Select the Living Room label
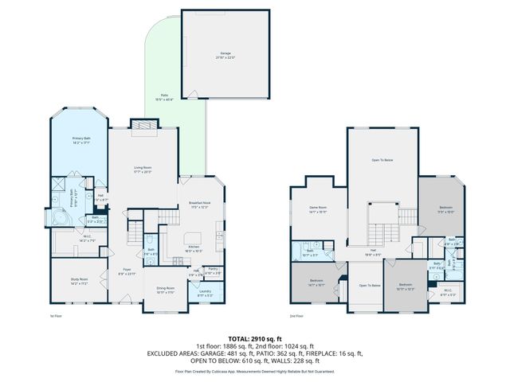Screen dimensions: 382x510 tap(143, 169)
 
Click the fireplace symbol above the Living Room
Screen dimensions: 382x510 tap(143, 124)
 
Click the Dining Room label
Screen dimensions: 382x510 tap(165, 290)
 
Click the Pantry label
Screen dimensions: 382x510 tap(212, 269)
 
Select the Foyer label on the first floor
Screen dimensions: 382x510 tap(126, 271)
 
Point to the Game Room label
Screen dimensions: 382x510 tap(319, 210)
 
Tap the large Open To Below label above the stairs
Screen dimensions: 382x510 tap(382, 160)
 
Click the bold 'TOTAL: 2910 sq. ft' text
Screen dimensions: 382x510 tap(254, 338)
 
